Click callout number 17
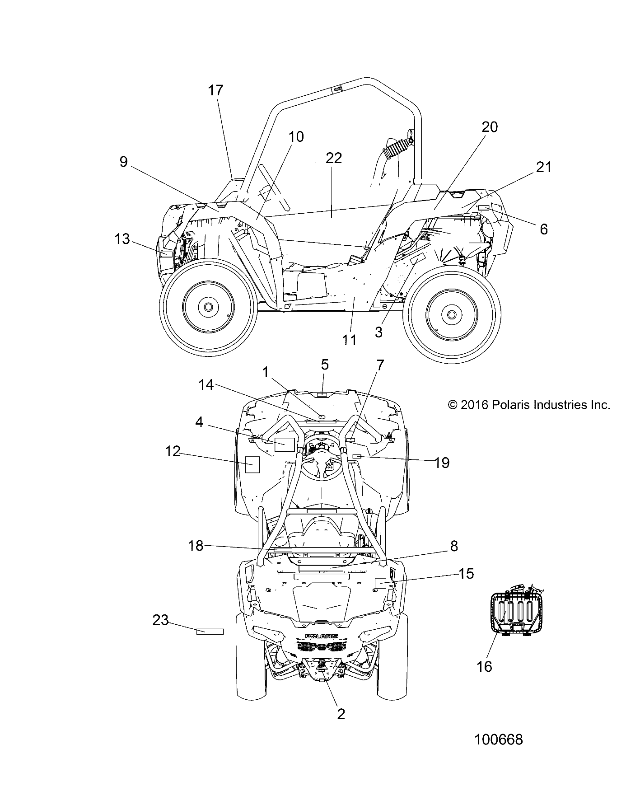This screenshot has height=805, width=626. click(x=216, y=90)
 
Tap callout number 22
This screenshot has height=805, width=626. click(x=334, y=158)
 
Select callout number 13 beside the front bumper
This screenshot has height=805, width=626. click(x=122, y=239)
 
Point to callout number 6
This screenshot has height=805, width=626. click(x=544, y=229)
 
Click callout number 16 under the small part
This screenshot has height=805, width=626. click(x=484, y=666)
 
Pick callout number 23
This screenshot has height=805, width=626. click(x=160, y=620)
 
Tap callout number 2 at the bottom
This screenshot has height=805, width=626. click(x=341, y=714)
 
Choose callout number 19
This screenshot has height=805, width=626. click(x=442, y=462)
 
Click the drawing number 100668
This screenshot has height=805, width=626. click(x=499, y=739)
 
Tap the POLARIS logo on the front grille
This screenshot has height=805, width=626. click(x=322, y=636)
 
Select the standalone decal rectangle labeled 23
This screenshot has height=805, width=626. click(x=210, y=631)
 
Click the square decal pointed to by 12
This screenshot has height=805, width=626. click(x=252, y=464)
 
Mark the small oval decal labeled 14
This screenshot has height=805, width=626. click(x=322, y=416)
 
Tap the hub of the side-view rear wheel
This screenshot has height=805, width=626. click(x=450, y=314)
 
